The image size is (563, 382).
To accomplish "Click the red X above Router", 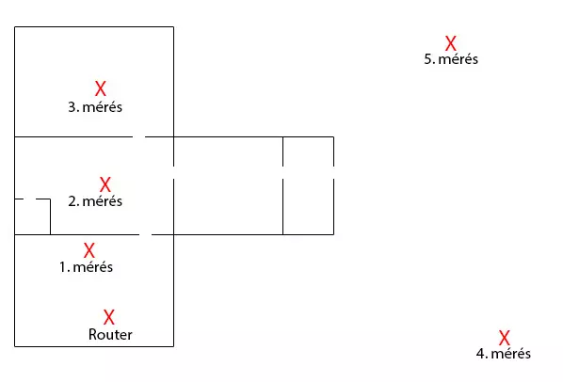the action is tap(109, 317).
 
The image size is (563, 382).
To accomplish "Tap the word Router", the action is tap(110, 335).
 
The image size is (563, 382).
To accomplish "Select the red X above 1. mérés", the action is tap(89, 250).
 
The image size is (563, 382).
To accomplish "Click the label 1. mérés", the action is tap(87, 267).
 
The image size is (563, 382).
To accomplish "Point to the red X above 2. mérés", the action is tap(105, 184).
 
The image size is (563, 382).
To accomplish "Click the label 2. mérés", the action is tap(95, 201).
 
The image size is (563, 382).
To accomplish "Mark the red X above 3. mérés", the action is tap(101, 88).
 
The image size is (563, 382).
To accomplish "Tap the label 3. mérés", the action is tap(95, 107).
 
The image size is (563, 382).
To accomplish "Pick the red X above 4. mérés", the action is tap(504, 338).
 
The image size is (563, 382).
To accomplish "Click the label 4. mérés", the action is tap(504, 354).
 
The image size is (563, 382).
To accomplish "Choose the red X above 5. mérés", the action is tap(451, 43).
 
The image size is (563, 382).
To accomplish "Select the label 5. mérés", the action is tap(451, 59).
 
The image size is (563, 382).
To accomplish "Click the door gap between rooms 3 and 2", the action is tap(138, 136).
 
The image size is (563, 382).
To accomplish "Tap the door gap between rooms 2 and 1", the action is tap(145, 234).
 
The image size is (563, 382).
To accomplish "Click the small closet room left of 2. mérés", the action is tap(32, 216).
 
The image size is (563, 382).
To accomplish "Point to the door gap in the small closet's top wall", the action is tap(29, 199).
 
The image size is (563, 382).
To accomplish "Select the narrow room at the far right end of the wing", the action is tap(309, 185).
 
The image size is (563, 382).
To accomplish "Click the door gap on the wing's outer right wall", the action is tap(333, 172).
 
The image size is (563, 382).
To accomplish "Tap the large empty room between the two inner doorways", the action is tap(229, 185).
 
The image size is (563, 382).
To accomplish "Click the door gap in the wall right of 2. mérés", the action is tap(174, 172).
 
